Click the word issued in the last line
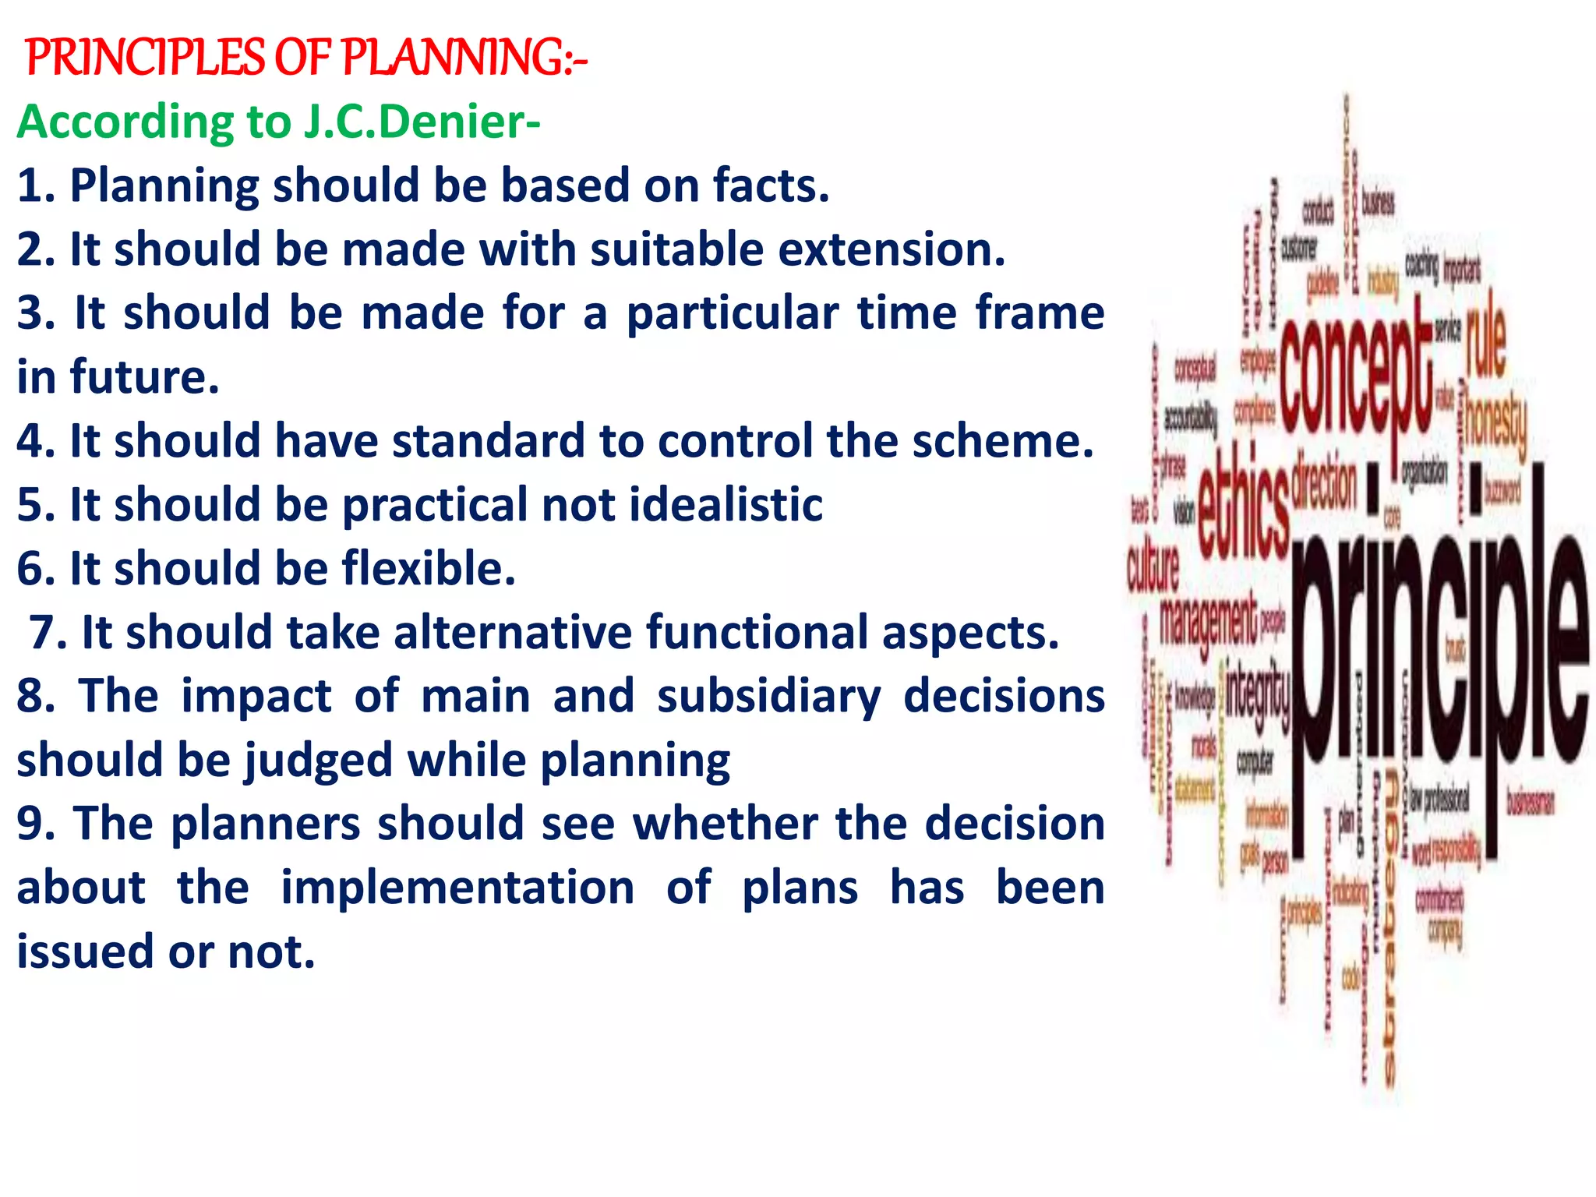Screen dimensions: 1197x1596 [x=86, y=952]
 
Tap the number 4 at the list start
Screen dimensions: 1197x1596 [x=31, y=441]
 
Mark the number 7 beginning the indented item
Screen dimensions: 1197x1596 [x=44, y=632]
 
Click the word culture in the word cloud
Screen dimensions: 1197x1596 [x=1154, y=565]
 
